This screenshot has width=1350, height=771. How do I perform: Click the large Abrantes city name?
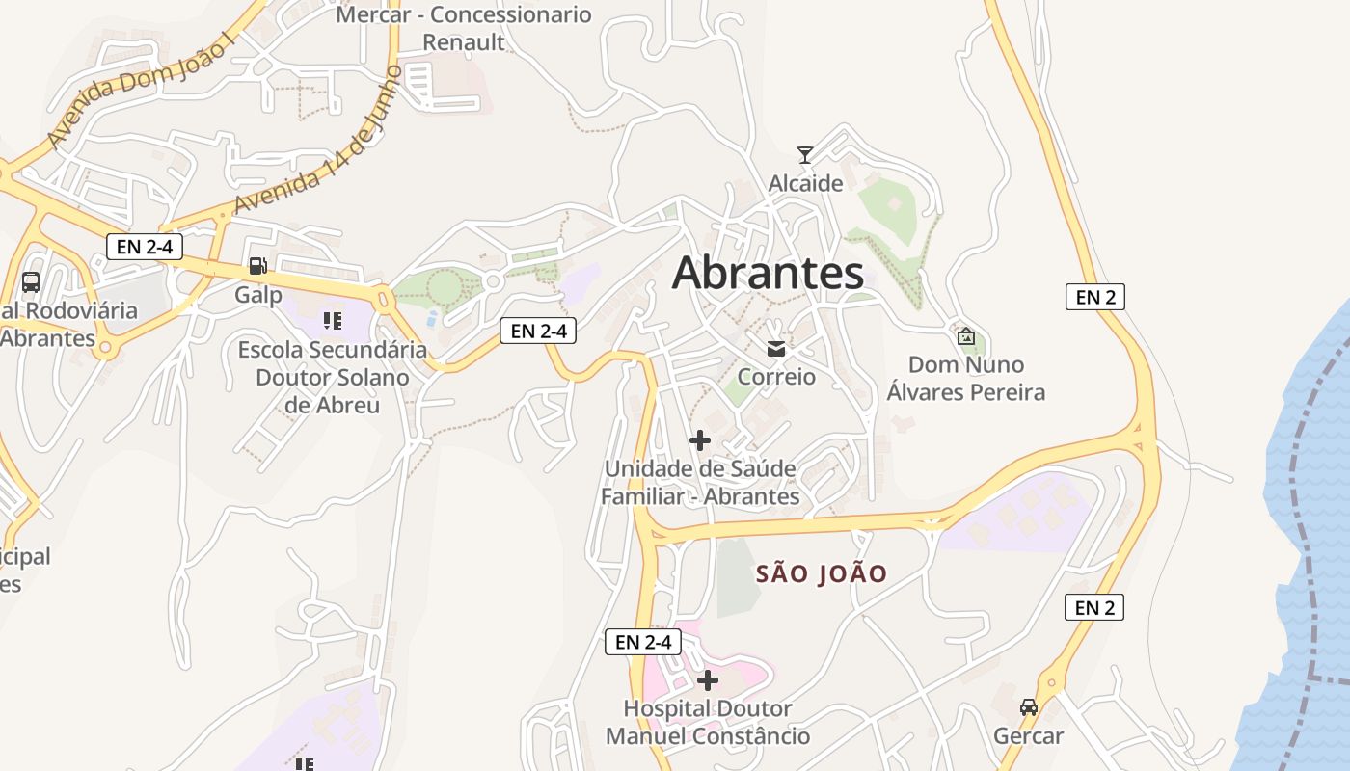click(x=768, y=273)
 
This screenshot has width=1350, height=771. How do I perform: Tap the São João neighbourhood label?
click(x=822, y=574)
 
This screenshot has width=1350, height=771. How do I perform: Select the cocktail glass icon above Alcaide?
click(x=805, y=154)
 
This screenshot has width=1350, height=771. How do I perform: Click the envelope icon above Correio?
click(x=776, y=349)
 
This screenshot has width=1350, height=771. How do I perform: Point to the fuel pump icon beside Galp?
click(x=257, y=266)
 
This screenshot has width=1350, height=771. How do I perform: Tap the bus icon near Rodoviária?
click(x=31, y=282)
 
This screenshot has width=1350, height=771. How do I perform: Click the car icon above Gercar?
click(x=1029, y=706)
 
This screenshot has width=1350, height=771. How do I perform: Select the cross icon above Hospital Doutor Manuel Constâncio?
click(x=708, y=680)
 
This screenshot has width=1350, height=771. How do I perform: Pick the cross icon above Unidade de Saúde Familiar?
click(x=700, y=441)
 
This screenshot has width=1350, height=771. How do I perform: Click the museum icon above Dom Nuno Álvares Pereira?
click(x=966, y=336)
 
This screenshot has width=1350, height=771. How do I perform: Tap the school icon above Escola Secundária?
click(x=333, y=321)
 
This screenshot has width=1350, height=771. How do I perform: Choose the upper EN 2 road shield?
click(x=1095, y=297)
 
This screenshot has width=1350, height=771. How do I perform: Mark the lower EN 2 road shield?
click(x=1094, y=607)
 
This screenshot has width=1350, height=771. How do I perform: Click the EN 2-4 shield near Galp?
click(x=144, y=247)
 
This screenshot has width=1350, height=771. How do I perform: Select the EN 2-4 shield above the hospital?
click(x=643, y=642)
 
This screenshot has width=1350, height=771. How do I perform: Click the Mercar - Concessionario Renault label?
click(x=464, y=28)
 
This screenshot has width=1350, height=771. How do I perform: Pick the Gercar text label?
click(x=1029, y=736)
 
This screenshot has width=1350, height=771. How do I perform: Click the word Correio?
click(x=776, y=377)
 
